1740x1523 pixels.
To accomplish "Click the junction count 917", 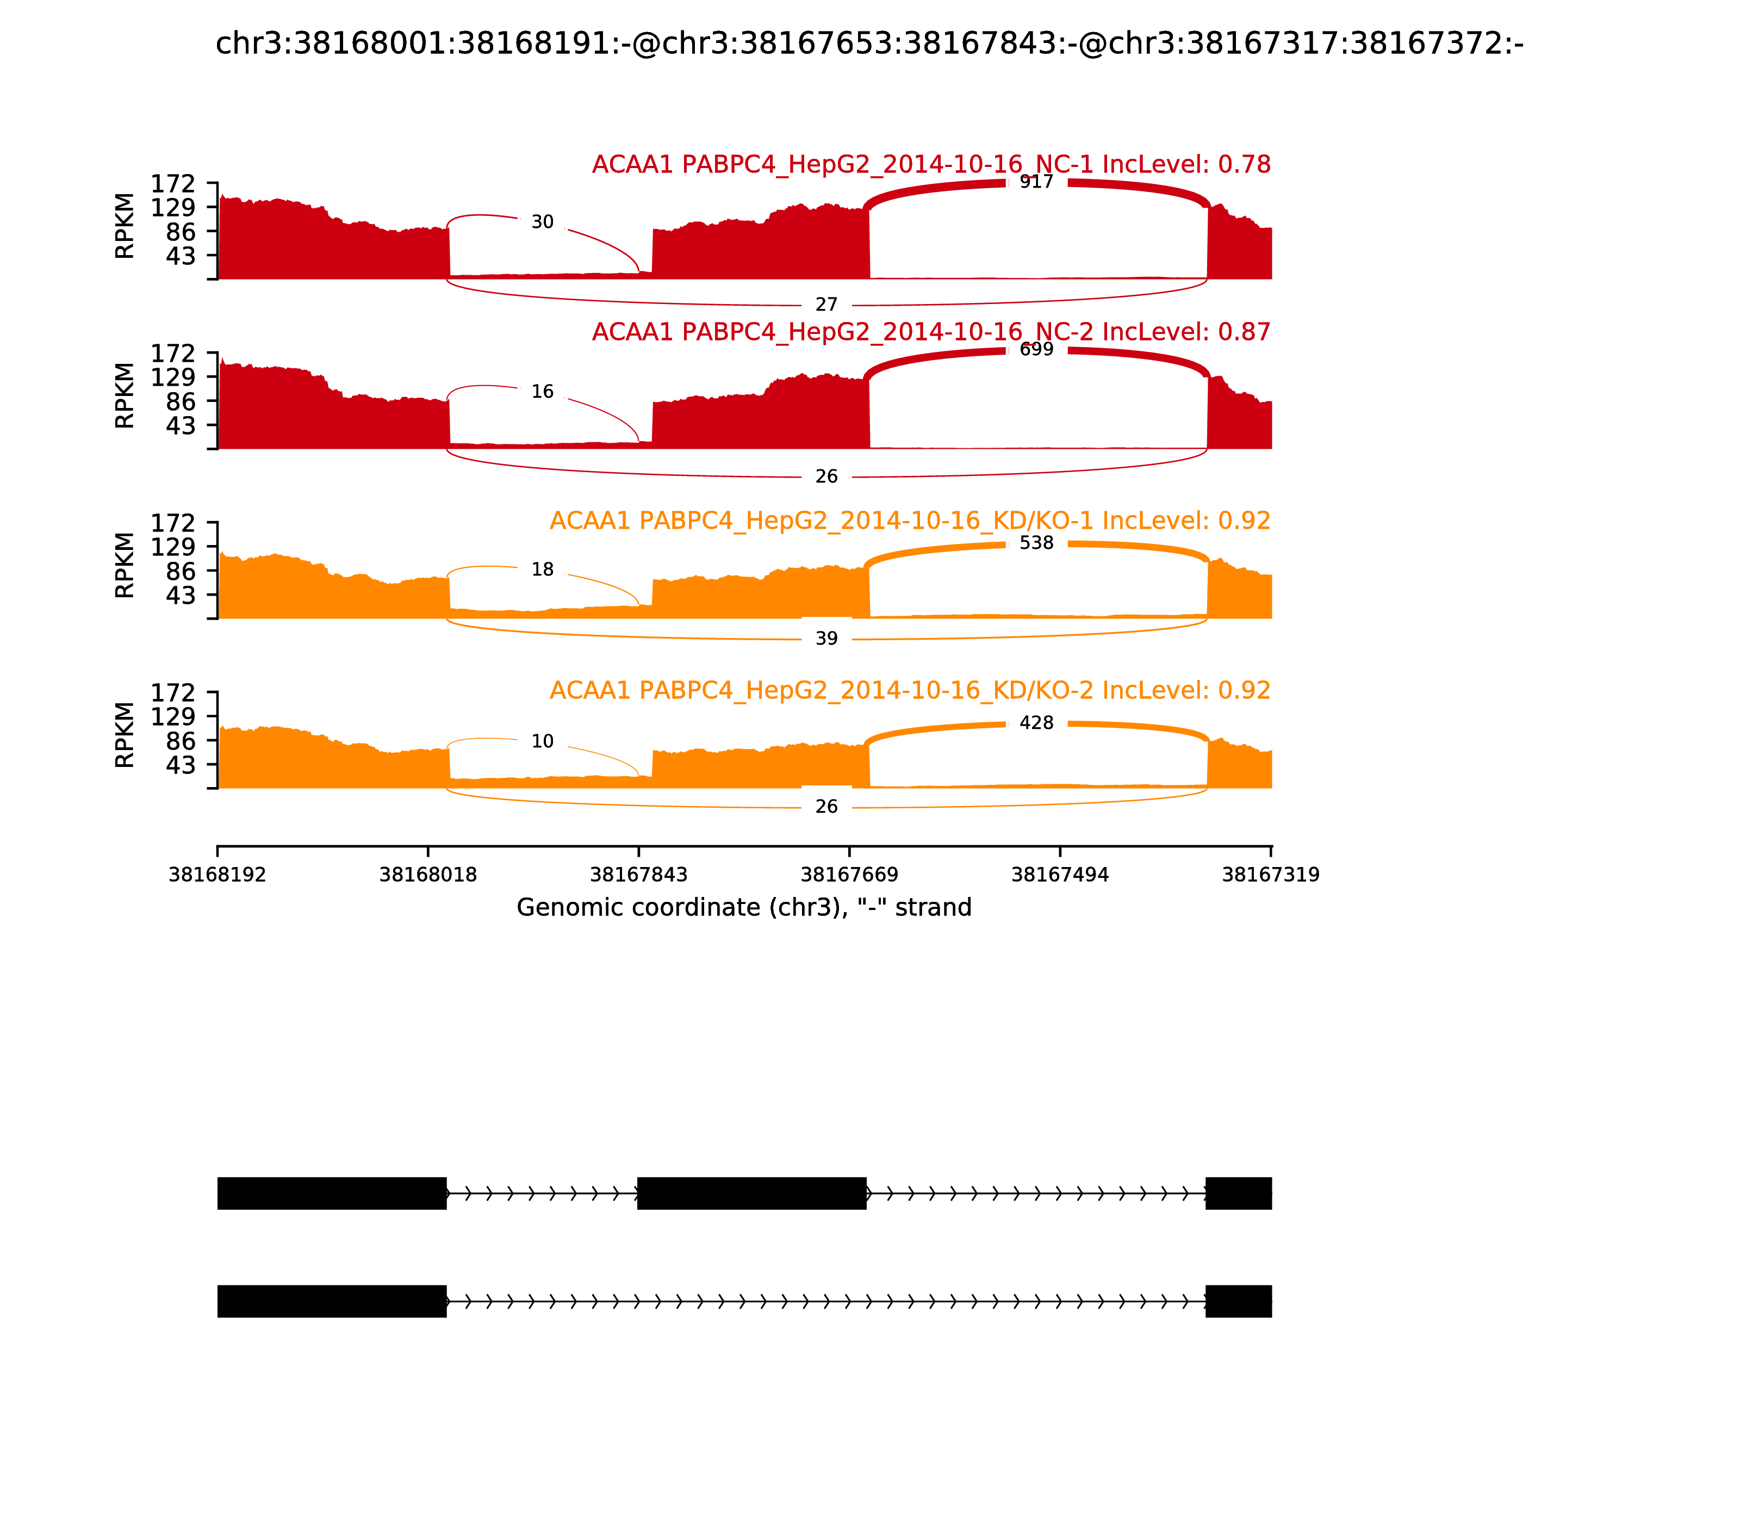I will tap(1036, 182).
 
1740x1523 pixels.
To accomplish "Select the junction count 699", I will tap(1036, 349).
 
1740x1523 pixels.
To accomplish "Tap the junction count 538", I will tap(1036, 543).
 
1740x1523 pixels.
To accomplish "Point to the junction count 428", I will tap(1036, 723).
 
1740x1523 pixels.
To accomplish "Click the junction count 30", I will tap(542, 222).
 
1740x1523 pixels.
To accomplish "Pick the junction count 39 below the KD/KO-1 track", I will tap(826, 638).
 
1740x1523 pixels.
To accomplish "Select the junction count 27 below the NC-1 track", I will tap(826, 304).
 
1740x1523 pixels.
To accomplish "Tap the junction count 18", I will tap(542, 569).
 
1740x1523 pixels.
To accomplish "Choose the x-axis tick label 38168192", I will tap(217, 875).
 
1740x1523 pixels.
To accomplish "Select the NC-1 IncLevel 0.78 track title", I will tap(930, 165).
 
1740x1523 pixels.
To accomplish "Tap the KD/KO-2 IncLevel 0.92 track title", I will tap(909, 690).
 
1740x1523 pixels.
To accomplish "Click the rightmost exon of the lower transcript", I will tap(1238, 1301).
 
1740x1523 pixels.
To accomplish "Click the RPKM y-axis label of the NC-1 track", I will tap(125, 226).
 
